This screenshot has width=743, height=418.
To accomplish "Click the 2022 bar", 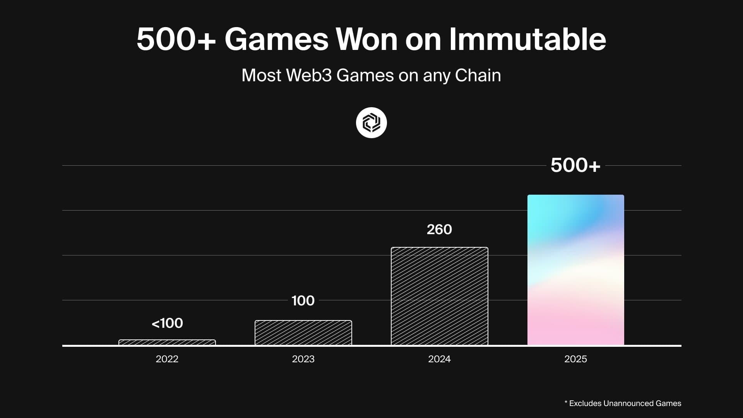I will (x=167, y=343).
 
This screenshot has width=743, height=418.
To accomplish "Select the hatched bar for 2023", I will (x=303, y=333).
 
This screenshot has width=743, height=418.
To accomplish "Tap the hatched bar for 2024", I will (x=440, y=296).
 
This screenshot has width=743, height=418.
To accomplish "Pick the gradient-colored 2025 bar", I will (x=576, y=270).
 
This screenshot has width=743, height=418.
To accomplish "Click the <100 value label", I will (x=167, y=323).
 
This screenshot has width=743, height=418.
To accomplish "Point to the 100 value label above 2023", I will (x=303, y=301).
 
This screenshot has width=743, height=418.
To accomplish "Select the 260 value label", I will (x=439, y=230).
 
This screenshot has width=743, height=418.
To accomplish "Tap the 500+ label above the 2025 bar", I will (x=575, y=165).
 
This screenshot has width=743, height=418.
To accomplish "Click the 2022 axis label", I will (x=167, y=359).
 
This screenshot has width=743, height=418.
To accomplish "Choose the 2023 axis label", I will (x=303, y=359).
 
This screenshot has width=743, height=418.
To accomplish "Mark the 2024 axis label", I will (x=440, y=359).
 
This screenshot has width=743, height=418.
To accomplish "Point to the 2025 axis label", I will (x=576, y=359).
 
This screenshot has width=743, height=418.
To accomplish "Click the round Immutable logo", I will (x=371, y=123).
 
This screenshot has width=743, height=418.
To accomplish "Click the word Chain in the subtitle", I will (x=478, y=75).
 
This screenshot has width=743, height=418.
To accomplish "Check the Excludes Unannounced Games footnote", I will (x=623, y=403).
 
